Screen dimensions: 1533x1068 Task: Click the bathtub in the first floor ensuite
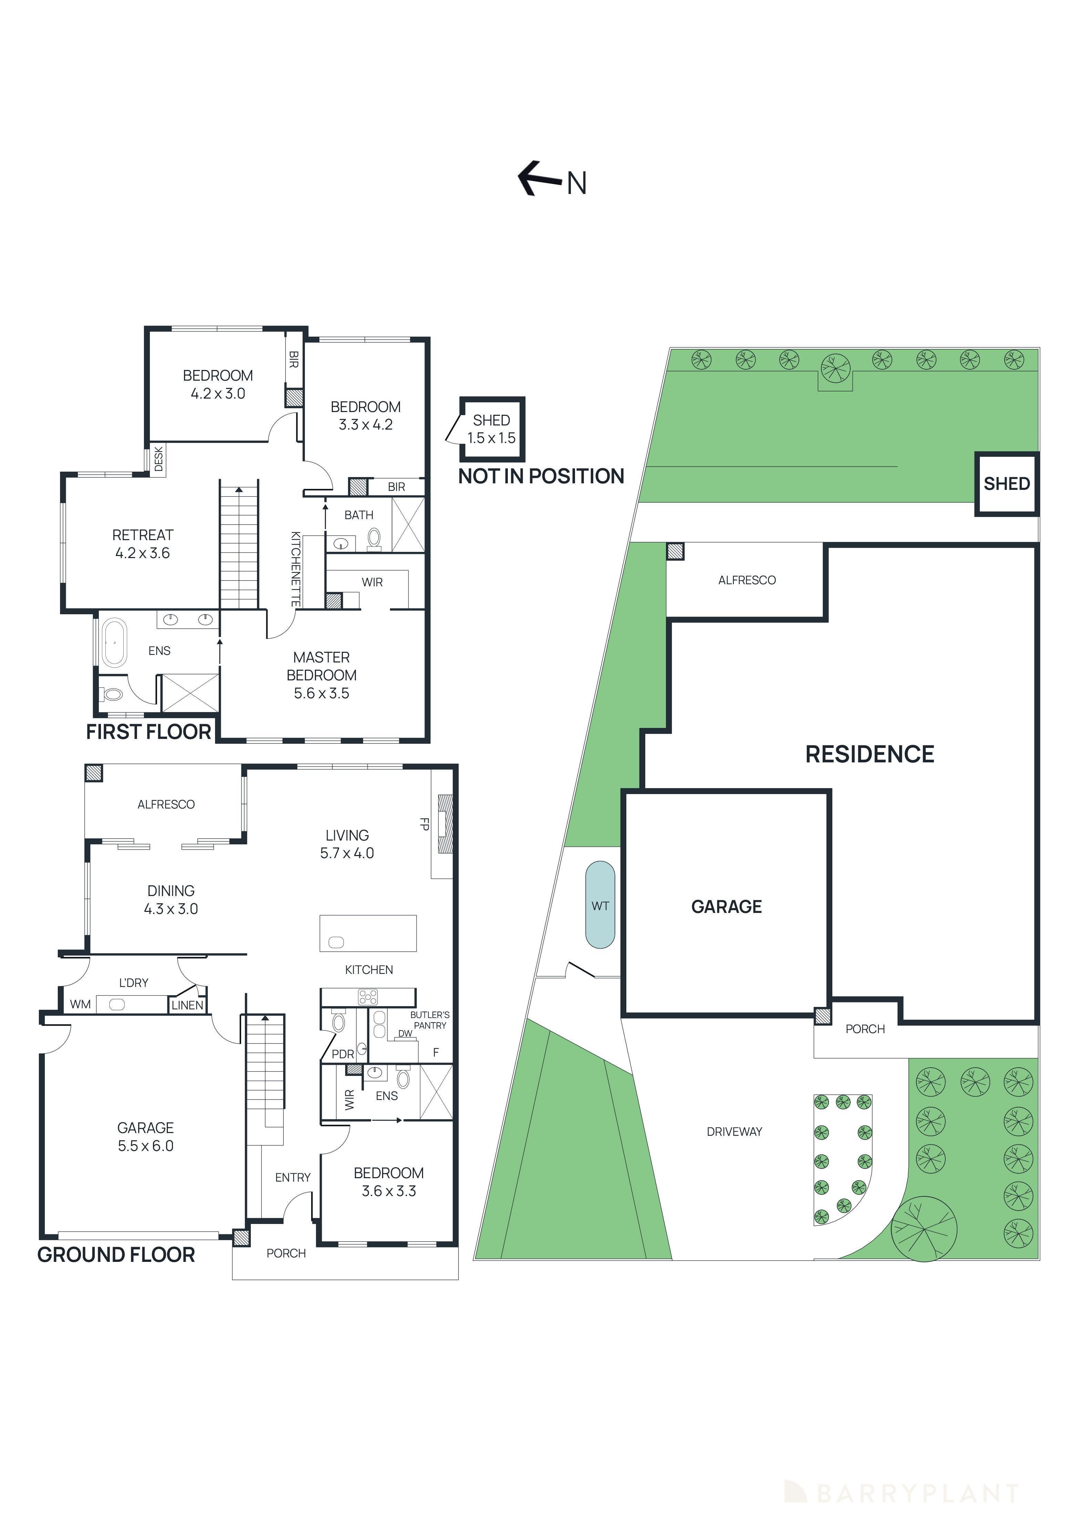click(x=114, y=643)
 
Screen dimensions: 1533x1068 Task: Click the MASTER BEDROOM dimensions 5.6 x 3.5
click(x=321, y=693)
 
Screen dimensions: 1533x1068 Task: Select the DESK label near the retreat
click(x=158, y=459)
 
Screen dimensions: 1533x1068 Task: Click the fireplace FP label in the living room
click(x=423, y=824)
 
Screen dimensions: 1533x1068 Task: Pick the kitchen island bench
click(x=368, y=933)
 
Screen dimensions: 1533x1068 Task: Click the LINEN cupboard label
click(x=187, y=1005)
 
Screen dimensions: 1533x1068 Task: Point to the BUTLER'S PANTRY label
click(x=430, y=1020)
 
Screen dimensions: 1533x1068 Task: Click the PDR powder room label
click(x=343, y=1053)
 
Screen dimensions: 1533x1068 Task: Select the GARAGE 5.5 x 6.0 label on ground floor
click(x=146, y=1136)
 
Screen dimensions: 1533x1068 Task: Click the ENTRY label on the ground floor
click(x=292, y=1177)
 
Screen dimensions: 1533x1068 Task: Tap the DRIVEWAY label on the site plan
click(x=734, y=1131)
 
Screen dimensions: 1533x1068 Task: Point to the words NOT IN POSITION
click(x=541, y=476)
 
